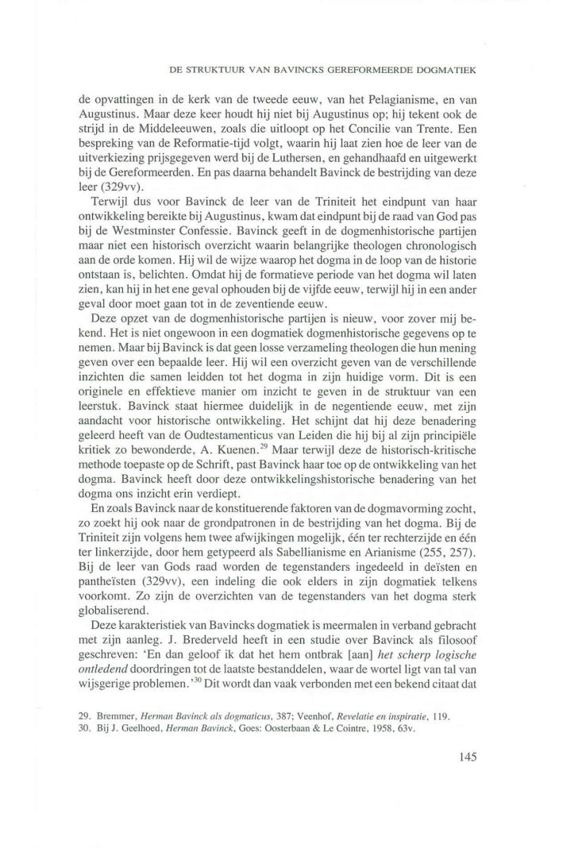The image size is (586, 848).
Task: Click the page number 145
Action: (x=466, y=757)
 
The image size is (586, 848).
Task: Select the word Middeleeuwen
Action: (x=186, y=131)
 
